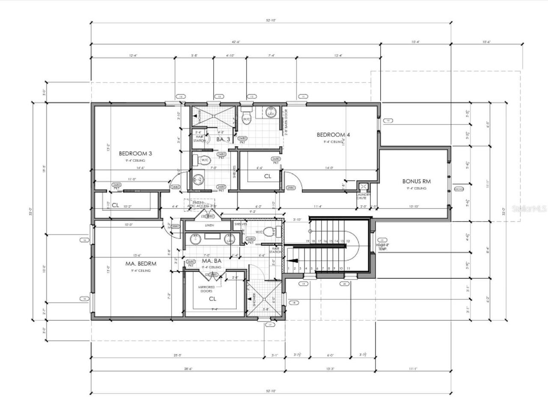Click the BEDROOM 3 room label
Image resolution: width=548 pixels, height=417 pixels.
135,153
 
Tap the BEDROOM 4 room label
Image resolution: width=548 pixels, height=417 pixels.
333,135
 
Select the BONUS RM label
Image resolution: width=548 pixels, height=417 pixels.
416,181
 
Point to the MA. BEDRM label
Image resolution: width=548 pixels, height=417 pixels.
140,263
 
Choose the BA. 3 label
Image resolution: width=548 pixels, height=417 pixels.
224,139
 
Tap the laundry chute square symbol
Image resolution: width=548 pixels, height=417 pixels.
363,186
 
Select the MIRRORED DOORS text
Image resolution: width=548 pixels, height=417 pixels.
206,289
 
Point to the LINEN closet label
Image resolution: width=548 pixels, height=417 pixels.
209,225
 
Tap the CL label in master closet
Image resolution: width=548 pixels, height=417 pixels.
212,299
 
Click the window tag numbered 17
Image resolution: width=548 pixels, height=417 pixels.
270,325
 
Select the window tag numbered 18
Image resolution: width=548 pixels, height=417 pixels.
294,303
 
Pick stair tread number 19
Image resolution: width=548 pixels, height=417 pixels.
307,241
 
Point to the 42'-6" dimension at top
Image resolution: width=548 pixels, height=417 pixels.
235,42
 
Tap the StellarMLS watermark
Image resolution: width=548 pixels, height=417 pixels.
530,209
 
